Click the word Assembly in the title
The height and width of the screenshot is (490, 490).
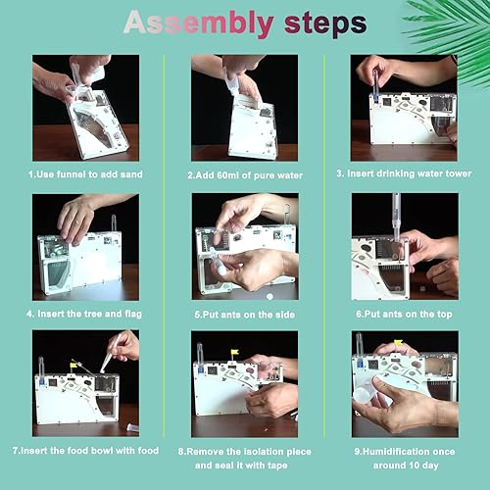(199, 24)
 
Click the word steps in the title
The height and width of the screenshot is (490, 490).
(325, 24)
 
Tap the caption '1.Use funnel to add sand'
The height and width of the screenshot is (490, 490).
(85, 174)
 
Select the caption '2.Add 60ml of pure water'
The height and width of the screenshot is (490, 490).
(245, 175)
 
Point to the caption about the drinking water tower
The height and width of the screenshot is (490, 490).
(404, 173)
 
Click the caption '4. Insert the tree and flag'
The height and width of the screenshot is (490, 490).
(84, 314)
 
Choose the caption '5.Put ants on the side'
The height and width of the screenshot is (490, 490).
(245, 315)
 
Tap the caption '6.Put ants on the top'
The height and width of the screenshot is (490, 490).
(404, 315)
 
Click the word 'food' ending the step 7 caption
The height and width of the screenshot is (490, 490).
(148, 451)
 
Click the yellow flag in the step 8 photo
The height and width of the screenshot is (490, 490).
(234, 353)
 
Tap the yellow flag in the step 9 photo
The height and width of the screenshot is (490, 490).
(398, 342)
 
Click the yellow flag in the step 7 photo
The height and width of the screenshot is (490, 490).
(73, 365)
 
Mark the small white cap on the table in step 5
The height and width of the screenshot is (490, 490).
(269, 296)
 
